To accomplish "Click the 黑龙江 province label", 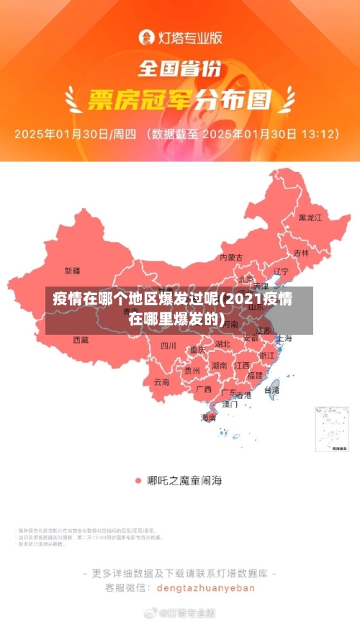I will pyautogui.click(x=310, y=217).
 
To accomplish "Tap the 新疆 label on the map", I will pyautogui.click(x=73, y=271).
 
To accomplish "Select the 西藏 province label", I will pyautogui.click(x=81, y=339).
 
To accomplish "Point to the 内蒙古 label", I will pyautogui.click(x=231, y=257).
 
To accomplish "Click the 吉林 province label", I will pyautogui.click(x=301, y=253).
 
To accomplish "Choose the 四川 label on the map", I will pyautogui.click(x=168, y=346).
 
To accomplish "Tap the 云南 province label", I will pyautogui.click(x=161, y=382).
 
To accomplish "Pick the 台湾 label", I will pyautogui.click(x=271, y=389).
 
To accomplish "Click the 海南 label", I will pyautogui.click(x=209, y=418).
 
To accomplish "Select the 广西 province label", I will pyautogui.click(x=204, y=389).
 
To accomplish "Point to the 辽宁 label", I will pyautogui.click(x=281, y=271).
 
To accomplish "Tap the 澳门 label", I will pyautogui.click(x=230, y=405).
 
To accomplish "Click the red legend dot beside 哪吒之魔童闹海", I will pyautogui.click(x=138, y=479).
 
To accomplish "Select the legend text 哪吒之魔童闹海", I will pyautogui.click(x=185, y=479).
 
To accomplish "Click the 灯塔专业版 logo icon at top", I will pyautogui.click(x=145, y=36).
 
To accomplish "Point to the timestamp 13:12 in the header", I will pyautogui.click(x=318, y=134).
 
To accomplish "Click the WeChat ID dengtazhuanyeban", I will pyautogui.click(x=205, y=587).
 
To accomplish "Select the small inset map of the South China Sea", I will pyautogui.click(x=333, y=430).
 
